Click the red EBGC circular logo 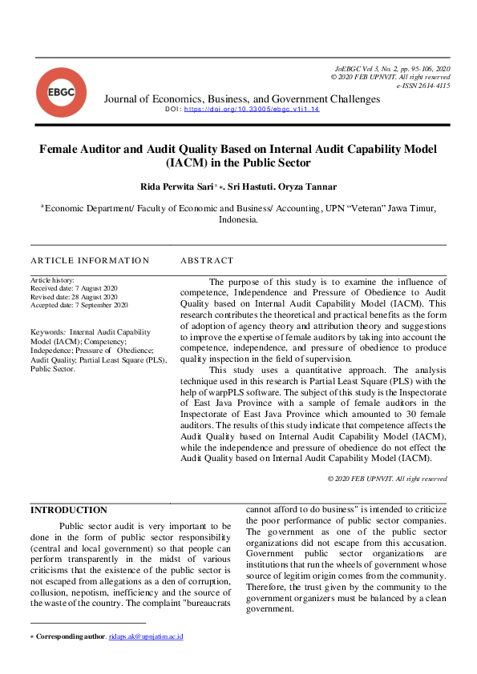pyautogui.click(x=61, y=92)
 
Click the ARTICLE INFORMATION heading pyautogui.click(x=90, y=261)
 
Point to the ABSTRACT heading pyautogui.click(x=207, y=261)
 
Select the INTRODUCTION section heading pyautogui.click(x=68, y=510)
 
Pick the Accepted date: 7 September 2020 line pyautogui.click(x=79, y=305)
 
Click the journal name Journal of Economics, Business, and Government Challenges pyautogui.click(x=242, y=99)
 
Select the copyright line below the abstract pyautogui.click(x=387, y=478)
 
